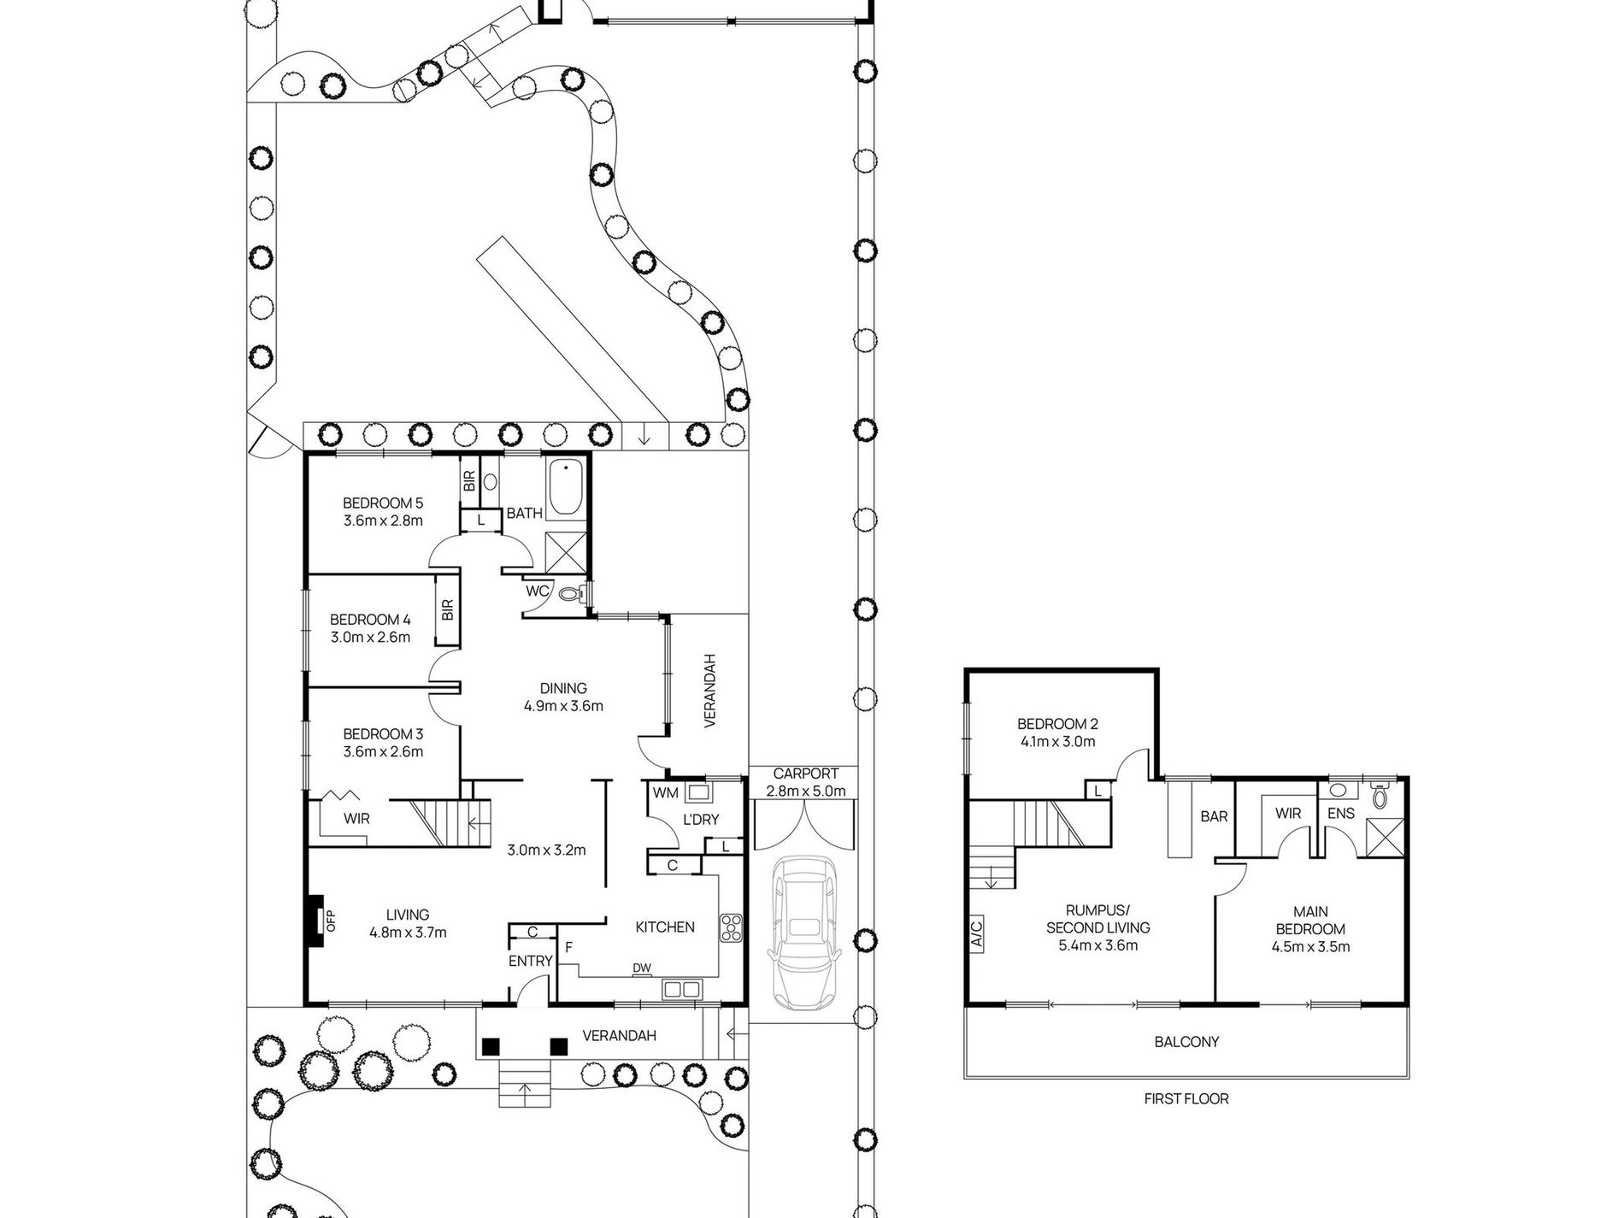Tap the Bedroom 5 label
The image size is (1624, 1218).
[383, 503]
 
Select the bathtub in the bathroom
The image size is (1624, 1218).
[565, 490]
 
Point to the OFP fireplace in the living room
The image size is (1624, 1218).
[317, 921]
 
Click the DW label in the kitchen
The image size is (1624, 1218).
[642, 968]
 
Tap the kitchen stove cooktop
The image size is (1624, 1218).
[732, 929]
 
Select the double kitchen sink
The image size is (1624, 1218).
[680, 989]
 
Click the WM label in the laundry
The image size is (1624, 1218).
[665, 793]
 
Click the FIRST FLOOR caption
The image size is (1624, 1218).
[1186, 1098]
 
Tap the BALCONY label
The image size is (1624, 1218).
[1186, 1042]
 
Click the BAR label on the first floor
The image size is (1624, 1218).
[1214, 816]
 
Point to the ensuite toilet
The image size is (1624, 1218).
[1380, 797]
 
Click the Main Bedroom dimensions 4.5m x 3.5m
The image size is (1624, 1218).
[1310, 946]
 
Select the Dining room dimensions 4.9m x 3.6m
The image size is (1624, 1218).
[563, 706]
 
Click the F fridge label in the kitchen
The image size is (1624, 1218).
[568, 948]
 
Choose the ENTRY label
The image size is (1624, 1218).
[530, 961]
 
